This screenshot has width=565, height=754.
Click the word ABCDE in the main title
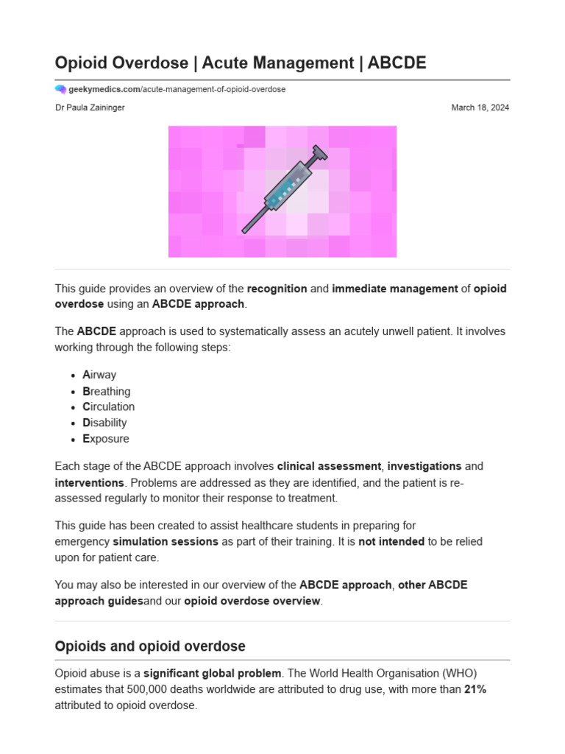click(397, 63)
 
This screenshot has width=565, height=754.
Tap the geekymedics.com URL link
click(177, 89)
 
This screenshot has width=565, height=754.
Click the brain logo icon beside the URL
click(60, 89)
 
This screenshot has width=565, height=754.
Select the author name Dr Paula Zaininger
click(90, 108)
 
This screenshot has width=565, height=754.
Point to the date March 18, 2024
click(480, 108)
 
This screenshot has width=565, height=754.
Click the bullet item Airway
click(99, 375)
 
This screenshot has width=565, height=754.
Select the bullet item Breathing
click(106, 391)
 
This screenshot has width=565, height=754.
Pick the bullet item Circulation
click(108, 406)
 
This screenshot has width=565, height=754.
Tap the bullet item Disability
click(104, 423)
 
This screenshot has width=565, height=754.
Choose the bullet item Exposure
click(105, 439)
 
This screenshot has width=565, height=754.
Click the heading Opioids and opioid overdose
click(150, 646)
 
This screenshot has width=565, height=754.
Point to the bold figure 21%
click(475, 689)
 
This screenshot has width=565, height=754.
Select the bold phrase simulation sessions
click(166, 541)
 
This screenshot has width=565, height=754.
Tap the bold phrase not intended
click(391, 541)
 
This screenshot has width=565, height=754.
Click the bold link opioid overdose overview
click(252, 601)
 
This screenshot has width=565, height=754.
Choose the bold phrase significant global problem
click(212, 673)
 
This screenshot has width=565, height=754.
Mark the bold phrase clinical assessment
click(329, 466)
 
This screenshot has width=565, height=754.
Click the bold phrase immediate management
click(395, 289)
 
